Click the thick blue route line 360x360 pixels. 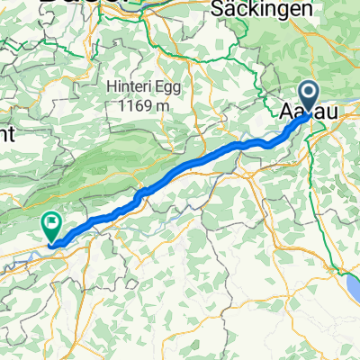click(x=180, y=170)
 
